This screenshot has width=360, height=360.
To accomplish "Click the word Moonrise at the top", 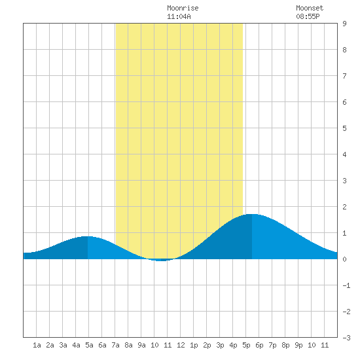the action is pyautogui.click(x=183, y=8).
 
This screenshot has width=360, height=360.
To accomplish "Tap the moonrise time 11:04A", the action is pyautogui.click(x=179, y=16).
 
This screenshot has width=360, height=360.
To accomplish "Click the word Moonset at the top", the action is pyautogui.click(x=310, y=8).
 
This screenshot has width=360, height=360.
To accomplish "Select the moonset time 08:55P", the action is pyautogui.click(x=308, y=16).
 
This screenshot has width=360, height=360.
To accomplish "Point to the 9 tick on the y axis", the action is pyautogui.click(x=344, y=24).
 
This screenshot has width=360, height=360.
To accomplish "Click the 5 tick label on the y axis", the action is pyautogui.click(x=344, y=128).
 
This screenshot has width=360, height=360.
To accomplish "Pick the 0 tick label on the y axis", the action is pyautogui.click(x=344, y=259).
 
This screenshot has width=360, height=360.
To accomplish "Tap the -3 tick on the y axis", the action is pyautogui.click(x=346, y=338).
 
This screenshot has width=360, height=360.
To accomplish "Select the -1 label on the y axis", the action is pyautogui.click(x=346, y=285).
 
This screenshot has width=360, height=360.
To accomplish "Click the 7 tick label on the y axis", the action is pyautogui.click(x=344, y=76).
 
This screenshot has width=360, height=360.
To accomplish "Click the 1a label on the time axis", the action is pyautogui.click(x=37, y=345).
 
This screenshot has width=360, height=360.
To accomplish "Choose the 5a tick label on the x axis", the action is pyautogui.click(x=89, y=345).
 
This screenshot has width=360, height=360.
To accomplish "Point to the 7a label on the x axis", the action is pyautogui.click(x=115, y=345).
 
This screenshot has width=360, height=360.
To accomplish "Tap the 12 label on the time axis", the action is pyautogui.click(x=181, y=345).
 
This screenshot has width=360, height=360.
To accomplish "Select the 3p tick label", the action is pyautogui.click(x=220, y=345).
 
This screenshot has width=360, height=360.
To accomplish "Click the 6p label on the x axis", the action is pyautogui.click(x=259, y=345).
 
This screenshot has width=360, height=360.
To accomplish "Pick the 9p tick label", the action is pyautogui.click(x=298, y=345).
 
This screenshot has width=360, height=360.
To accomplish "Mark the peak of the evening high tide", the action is pyautogui.click(x=252, y=214).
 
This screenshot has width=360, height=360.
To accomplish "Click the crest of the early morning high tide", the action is pyautogui.click(x=88, y=236).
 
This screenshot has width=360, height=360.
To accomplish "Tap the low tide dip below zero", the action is pyautogui.click(x=161, y=261).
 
